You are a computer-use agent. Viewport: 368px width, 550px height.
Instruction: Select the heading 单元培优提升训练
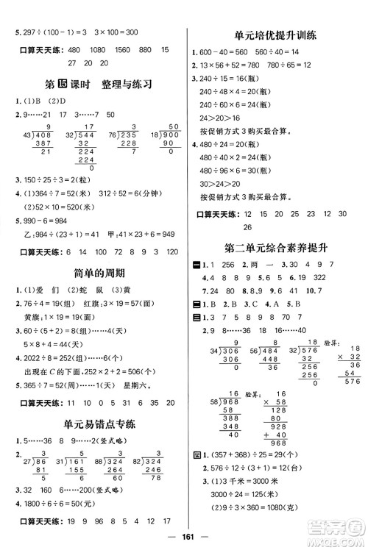tap(276, 34)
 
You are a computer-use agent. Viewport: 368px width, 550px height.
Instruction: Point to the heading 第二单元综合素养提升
tap(276, 248)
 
